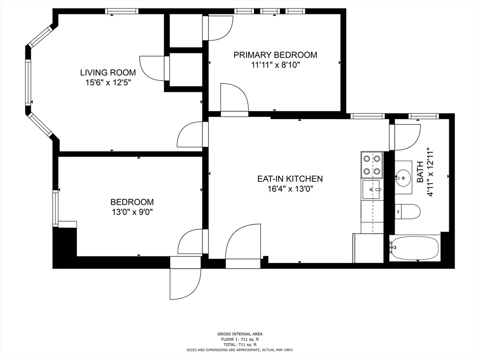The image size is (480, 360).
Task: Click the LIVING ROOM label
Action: point(108,73)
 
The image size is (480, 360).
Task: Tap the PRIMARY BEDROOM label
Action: point(275,55)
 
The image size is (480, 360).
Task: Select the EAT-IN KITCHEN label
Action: point(290,179)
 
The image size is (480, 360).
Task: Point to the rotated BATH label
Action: point(420,172)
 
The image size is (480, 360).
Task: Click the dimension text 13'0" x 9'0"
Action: point(132,212)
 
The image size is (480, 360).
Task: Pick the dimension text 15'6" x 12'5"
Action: point(108,82)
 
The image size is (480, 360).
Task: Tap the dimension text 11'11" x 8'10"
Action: point(275,65)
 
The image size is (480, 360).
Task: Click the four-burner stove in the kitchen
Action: point(372,165)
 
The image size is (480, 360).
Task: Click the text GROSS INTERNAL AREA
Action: point(240,334)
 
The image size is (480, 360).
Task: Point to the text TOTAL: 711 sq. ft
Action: point(240,345)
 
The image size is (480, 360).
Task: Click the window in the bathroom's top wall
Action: point(423,116)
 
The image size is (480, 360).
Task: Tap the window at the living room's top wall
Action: point(121,11)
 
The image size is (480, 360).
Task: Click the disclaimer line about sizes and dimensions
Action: point(240,350)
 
